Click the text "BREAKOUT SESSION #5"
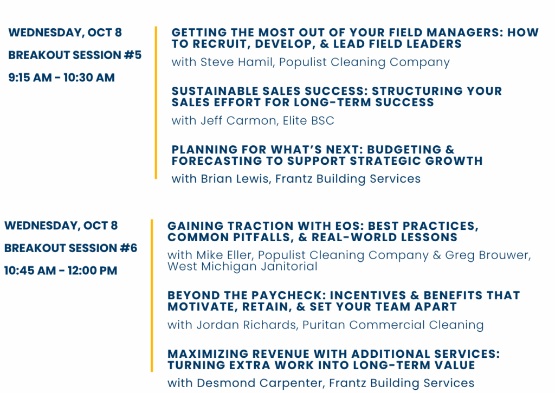click(75, 55)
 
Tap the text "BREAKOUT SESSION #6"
click(70, 248)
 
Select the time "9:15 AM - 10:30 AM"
click(62, 78)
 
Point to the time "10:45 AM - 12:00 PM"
click(61, 270)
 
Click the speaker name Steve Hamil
click(237, 62)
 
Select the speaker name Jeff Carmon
click(238, 120)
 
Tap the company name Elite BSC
click(308, 120)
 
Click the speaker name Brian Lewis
click(235, 178)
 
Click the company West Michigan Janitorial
click(242, 266)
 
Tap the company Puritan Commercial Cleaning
click(393, 325)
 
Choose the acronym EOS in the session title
click(349, 226)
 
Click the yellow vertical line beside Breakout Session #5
click(156, 102)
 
